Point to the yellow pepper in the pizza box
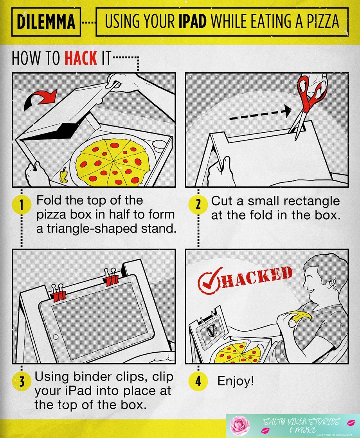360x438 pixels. pyautogui.click(x=64, y=175)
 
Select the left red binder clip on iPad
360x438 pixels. pyautogui.click(x=59, y=292)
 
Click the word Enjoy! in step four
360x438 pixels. pyautogui.click(x=236, y=381)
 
